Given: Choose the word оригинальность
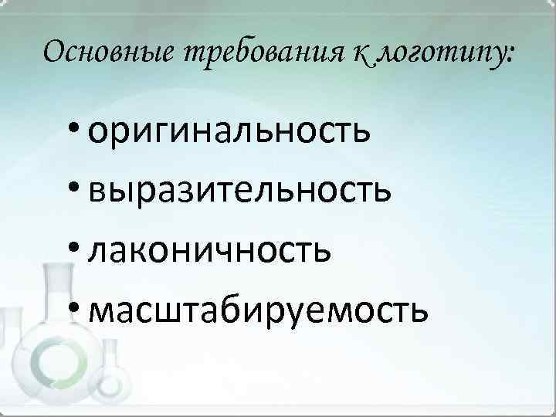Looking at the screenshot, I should click(229, 132).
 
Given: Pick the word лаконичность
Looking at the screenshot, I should click(211, 249).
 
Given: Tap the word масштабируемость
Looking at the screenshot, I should click(257, 309).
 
